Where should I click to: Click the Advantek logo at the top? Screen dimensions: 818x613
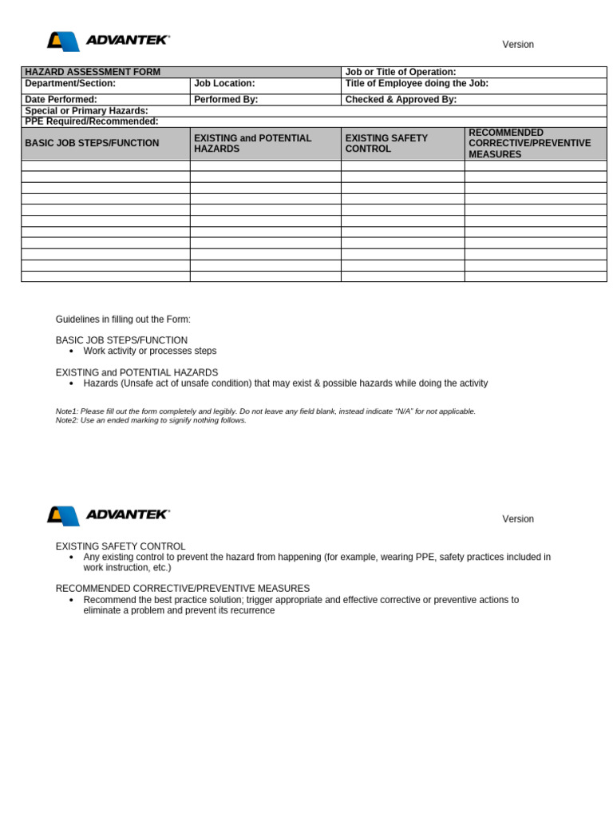pyautogui.click(x=109, y=41)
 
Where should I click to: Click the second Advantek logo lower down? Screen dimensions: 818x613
pyautogui.click(x=109, y=515)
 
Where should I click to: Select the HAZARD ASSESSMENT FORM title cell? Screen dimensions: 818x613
pyautogui.click(x=93, y=72)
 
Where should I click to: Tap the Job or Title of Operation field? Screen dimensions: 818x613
pyautogui.click(x=401, y=72)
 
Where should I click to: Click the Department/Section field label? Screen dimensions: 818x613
pyautogui.click(x=70, y=83)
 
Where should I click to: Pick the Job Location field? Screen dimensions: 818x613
pyautogui.click(x=224, y=83)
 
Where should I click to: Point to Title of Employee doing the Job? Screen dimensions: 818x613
pyautogui.click(x=417, y=83)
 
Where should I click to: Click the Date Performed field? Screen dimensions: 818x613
pyautogui.click(x=61, y=100)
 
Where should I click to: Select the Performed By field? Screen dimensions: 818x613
pyautogui.click(x=226, y=100)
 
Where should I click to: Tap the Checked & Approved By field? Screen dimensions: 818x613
pyautogui.click(x=401, y=100)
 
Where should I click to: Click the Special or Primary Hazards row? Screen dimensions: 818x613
pyautogui.click(x=86, y=111)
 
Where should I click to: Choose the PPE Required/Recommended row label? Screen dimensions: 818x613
pyautogui.click(x=92, y=121)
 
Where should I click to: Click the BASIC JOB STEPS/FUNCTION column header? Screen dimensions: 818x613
pyautogui.click(x=92, y=143)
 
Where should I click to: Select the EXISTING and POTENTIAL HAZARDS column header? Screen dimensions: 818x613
pyautogui.click(x=253, y=143)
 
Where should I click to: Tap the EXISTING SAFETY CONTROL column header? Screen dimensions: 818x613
pyautogui.click(x=386, y=143)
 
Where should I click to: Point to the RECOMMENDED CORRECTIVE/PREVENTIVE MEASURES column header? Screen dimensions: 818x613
pyautogui.click(x=530, y=143)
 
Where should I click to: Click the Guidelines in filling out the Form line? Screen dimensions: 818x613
pyautogui.click(x=123, y=320)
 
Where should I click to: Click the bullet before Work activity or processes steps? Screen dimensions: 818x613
pyautogui.click(x=72, y=351)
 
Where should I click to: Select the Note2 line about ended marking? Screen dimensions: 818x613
pyautogui.click(x=151, y=420)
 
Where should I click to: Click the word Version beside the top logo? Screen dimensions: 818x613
pyautogui.click(x=518, y=45)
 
